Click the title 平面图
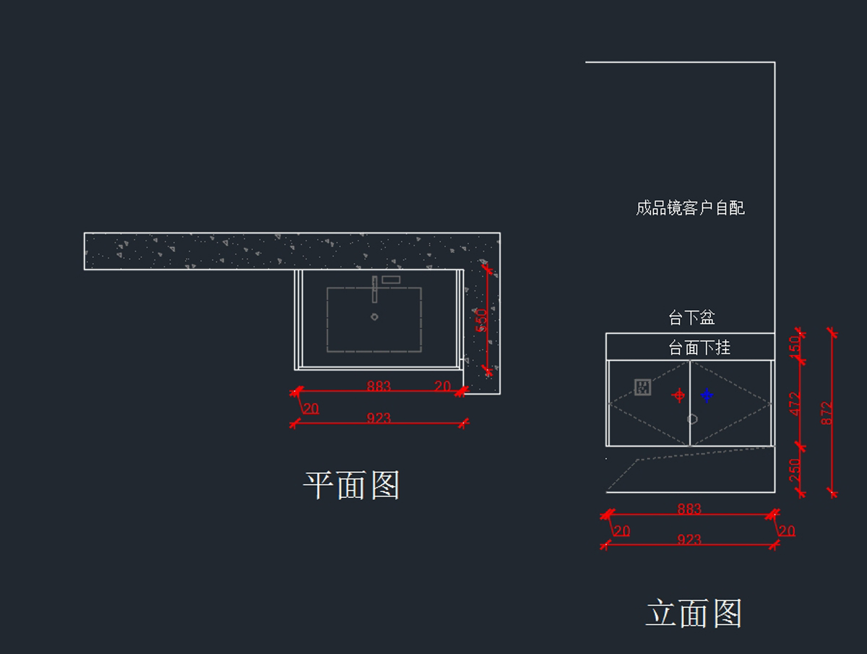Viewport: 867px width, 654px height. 352,485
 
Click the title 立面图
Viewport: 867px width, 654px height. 694,614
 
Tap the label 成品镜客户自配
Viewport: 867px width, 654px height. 690,208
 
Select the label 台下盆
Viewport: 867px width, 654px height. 691,317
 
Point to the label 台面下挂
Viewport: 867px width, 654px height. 699,348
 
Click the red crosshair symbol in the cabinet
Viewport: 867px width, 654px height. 679,395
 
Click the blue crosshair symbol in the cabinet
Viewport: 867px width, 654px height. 707,395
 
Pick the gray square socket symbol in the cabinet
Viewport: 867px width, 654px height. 642,387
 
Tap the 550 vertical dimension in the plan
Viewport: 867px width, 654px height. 481,320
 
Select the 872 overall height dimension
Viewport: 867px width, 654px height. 827,413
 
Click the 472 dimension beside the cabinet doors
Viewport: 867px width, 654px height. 795,404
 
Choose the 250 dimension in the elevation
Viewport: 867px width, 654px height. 795,470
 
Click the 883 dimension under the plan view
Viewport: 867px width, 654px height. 379,385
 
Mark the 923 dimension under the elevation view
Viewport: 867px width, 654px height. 689,539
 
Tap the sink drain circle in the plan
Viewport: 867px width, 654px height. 374,317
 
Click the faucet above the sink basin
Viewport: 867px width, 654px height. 374,290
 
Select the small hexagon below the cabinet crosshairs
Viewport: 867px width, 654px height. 692,419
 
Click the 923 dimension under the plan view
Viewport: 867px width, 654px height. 379,418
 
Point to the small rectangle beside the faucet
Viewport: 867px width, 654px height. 391,280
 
